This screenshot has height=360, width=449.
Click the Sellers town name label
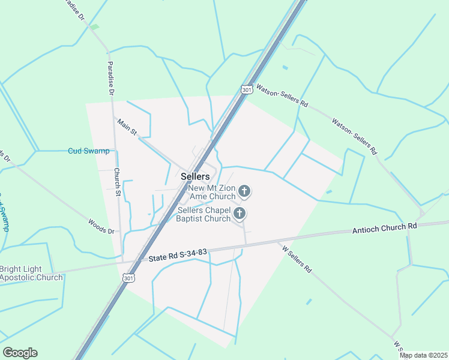point(195,176)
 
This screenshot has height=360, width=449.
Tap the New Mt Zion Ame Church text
point(212,192)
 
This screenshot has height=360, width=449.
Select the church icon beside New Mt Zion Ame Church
point(244,191)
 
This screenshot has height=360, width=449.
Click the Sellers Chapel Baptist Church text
point(203,214)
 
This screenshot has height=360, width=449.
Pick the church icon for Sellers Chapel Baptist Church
point(239,214)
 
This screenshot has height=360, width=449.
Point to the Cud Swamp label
point(89,151)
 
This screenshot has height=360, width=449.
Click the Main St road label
point(128,127)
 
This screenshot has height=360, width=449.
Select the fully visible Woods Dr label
point(101,226)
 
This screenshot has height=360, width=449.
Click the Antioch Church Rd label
point(384,227)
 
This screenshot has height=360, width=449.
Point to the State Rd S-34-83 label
point(178,256)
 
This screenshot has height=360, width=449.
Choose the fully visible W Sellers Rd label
point(296,257)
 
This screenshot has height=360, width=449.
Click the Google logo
point(20,353)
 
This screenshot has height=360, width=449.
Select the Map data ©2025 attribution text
point(423,355)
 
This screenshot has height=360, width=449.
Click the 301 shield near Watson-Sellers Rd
point(246,89)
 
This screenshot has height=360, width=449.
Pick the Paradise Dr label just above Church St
point(110,79)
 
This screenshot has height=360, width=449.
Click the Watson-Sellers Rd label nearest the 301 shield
point(282,95)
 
